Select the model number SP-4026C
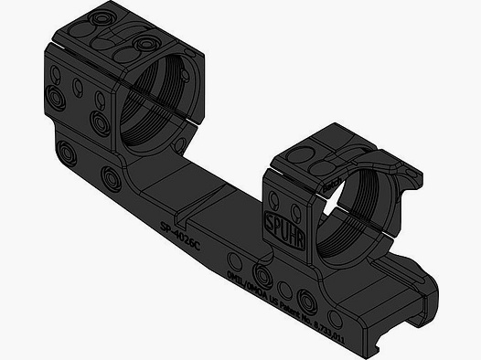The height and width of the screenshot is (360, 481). point(181,226)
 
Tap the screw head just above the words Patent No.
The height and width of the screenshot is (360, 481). point(306,301)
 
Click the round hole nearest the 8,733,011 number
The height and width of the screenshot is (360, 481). point(335,318)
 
